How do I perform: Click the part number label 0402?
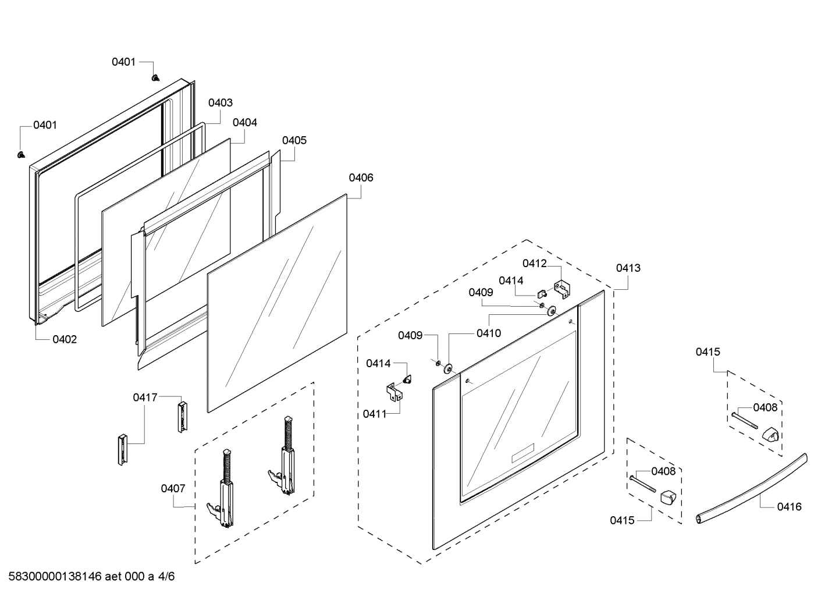click(x=65, y=339)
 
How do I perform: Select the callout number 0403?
click(x=221, y=102)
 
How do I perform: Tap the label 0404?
click(x=244, y=123)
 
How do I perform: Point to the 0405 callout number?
click(x=294, y=140)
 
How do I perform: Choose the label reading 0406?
click(x=361, y=177)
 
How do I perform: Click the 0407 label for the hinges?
click(x=173, y=488)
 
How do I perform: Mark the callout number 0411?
click(x=375, y=414)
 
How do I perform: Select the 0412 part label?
click(x=534, y=263)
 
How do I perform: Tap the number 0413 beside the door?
click(x=628, y=268)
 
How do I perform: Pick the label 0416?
click(x=789, y=507)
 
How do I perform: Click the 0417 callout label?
click(x=145, y=397)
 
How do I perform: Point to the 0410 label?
click(x=488, y=333)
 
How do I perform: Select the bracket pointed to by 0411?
click(x=395, y=392)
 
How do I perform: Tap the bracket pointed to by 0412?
click(x=561, y=289)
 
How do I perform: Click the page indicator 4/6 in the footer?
click(x=166, y=577)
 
